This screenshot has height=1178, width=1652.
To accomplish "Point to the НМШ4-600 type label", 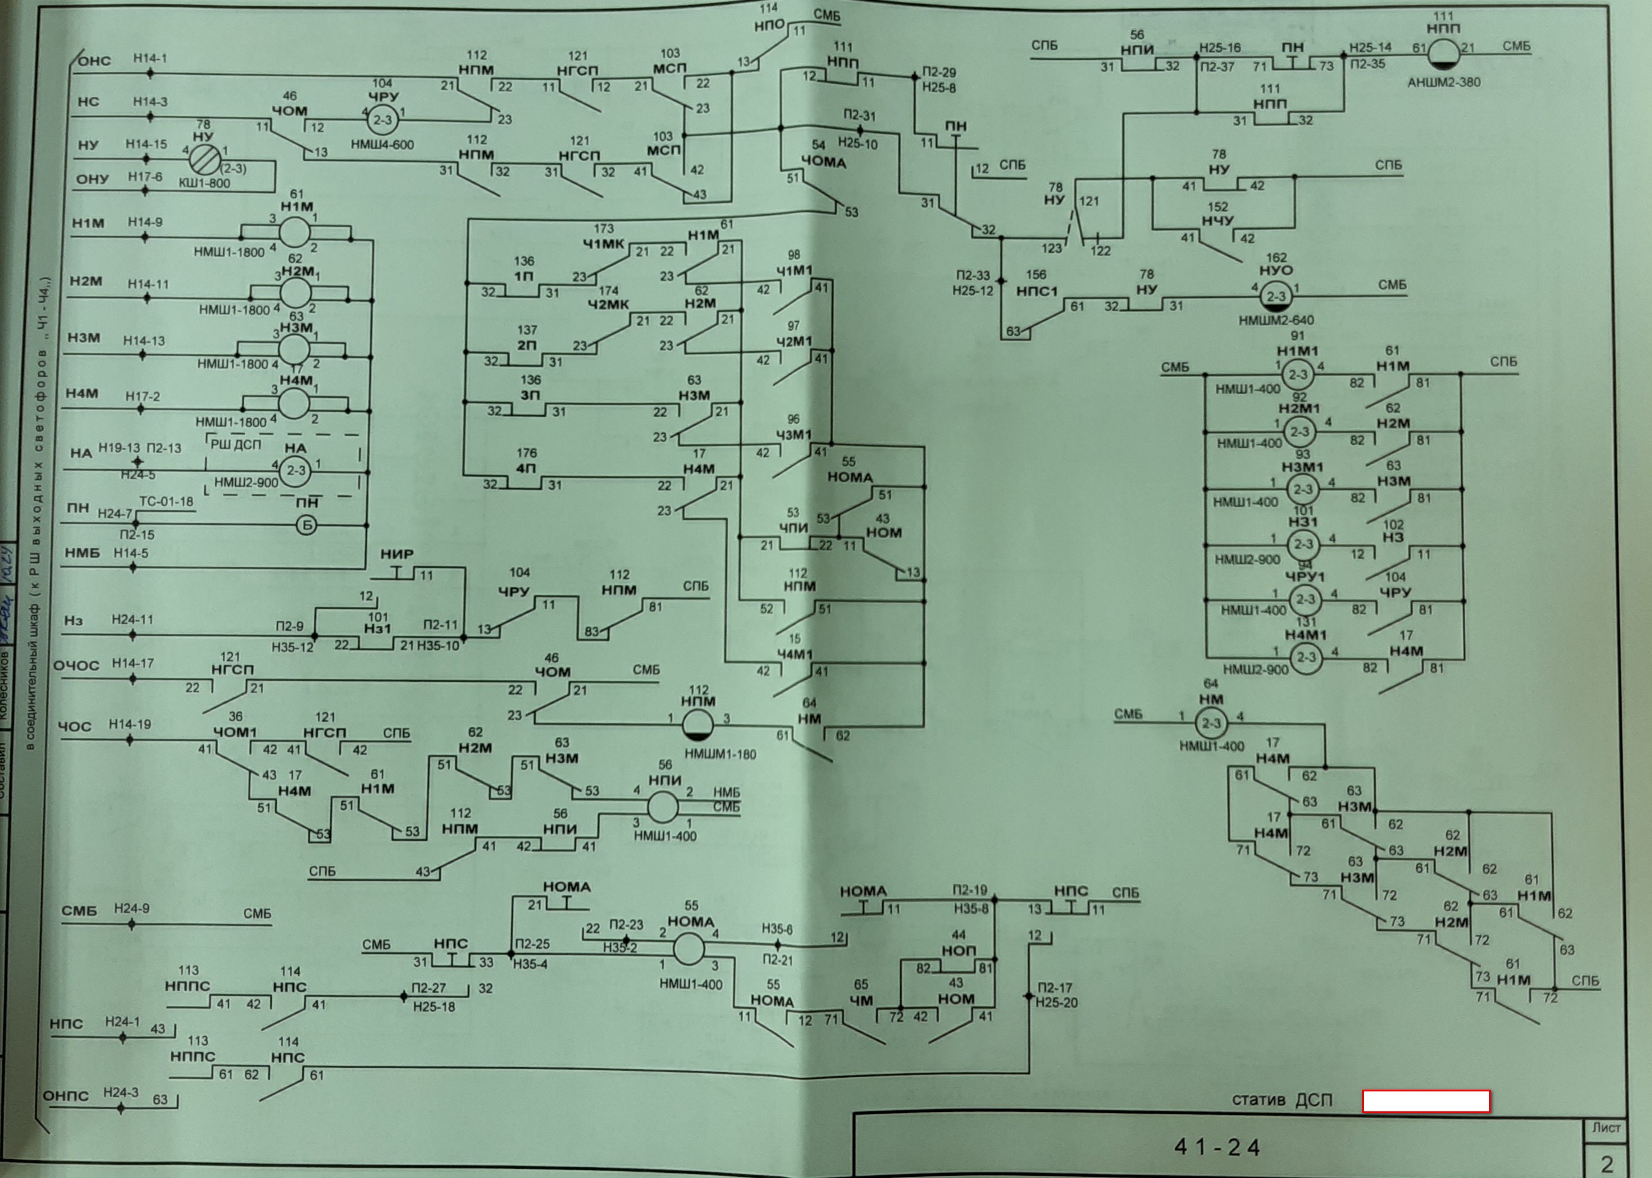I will click(382, 144).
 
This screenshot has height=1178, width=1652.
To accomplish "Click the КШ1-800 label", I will click(204, 183).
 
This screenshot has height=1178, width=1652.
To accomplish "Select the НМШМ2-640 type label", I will click(1276, 320).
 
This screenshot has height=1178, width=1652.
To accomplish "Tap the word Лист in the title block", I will click(1605, 1128).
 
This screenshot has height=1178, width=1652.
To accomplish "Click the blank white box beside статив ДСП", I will click(1426, 1101).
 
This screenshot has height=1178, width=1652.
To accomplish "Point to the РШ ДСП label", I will click(236, 444).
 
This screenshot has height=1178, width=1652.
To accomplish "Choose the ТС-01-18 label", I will click(166, 501).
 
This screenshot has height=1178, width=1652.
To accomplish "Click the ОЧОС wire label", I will click(76, 665).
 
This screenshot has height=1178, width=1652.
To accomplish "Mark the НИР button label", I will click(397, 554).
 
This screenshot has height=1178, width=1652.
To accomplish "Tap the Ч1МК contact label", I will click(602, 244).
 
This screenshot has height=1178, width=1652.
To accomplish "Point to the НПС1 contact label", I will click(1037, 291).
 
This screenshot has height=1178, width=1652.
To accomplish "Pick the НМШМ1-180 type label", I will click(720, 754).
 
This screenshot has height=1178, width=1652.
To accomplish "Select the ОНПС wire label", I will click(65, 1095).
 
